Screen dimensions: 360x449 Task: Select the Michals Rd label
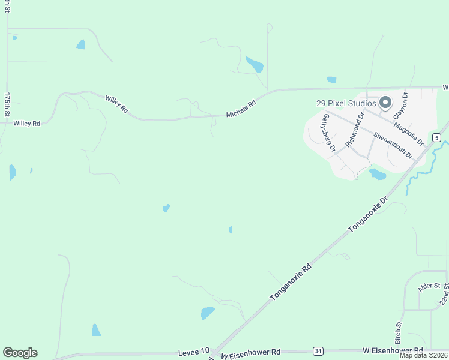tap(241, 109)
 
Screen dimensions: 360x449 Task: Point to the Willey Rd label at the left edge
tap(26, 123)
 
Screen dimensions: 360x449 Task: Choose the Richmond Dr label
tap(355, 130)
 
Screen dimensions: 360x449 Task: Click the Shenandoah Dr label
tap(393, 145)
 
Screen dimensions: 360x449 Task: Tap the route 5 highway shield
tap(437, 138)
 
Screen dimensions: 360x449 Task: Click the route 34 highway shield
tap(317, 350)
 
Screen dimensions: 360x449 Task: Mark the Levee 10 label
tap(194, 350)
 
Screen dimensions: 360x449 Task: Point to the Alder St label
tap(430, 286)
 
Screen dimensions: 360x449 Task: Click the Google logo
tap(20, 353)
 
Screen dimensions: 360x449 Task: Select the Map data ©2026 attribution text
tap(423, 355)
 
